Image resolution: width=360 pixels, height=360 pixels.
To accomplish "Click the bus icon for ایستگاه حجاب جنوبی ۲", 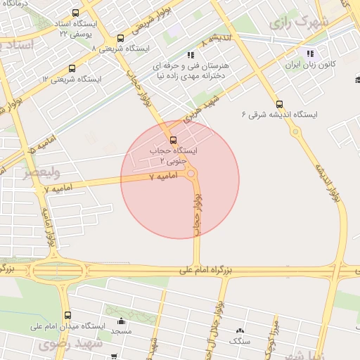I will pos(174,139).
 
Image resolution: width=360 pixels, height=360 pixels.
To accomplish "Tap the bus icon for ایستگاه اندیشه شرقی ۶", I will pos(280,103).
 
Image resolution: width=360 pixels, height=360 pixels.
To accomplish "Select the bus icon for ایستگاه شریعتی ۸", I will pos(120,39).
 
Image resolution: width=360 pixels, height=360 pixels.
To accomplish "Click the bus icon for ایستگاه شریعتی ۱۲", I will pos(72,68).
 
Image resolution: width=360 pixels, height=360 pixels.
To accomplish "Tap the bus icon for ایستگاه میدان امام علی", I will pos(67,315).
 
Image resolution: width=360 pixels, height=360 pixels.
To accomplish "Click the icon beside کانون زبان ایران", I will pos(310,54).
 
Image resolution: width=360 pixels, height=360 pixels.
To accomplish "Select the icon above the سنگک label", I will pos(240,330).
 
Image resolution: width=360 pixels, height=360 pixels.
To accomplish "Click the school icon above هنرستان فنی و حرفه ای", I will pos(190,54).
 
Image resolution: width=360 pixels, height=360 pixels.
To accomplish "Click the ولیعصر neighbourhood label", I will pos(41,171).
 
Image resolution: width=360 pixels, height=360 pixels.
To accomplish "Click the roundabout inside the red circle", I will pos(191,176).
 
